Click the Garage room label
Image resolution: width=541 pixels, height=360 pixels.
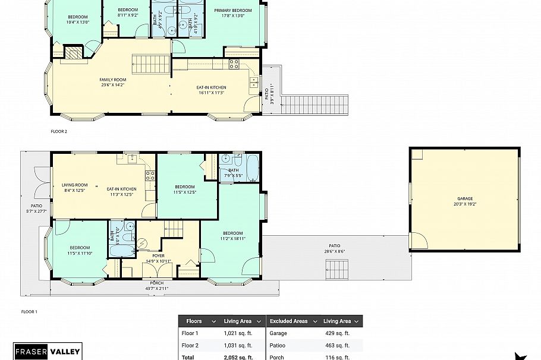(x=465, y=201)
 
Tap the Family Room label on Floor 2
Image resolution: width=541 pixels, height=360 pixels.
(x=112, y=82)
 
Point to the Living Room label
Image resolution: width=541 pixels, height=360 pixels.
(x=74, y=187)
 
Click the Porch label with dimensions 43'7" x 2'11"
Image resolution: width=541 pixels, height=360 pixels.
(x=157, y=285)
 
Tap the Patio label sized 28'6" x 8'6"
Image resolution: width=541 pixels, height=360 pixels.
(x=335, y=248)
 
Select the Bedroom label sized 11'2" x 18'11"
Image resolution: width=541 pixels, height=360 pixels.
(x=232, y=236)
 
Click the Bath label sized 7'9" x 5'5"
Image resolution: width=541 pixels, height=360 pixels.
(x=233, y=173)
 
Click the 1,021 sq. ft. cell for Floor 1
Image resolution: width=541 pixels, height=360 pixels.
(x=238, y=333)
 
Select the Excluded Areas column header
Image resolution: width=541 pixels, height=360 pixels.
(x=288, y=321)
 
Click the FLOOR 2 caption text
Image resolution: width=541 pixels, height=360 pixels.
(x=59, y=131)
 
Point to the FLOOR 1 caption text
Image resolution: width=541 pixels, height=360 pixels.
(x=29, y=311)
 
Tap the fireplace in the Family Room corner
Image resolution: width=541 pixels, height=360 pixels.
(x=72, y=53)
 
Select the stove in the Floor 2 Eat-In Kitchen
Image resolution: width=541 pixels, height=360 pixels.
(x=234, y=64)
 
